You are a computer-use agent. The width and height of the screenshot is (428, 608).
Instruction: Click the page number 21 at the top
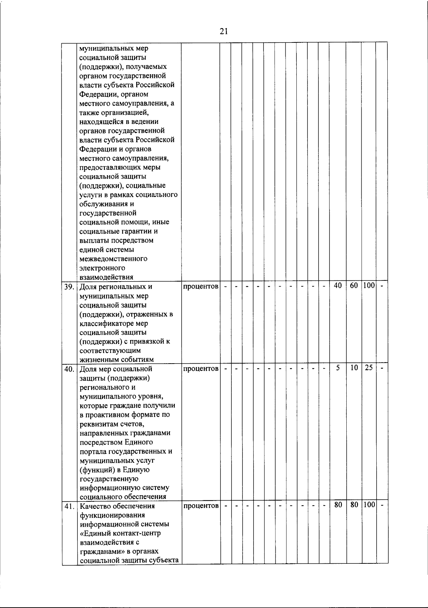(x=224, y=31)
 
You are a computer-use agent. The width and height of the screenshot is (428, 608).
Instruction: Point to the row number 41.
(x=69, y=506)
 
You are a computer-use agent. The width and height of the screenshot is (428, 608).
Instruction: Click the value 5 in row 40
(x=337, y=368)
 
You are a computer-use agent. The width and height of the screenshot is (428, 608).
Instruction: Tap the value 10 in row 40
(x=353, y=368)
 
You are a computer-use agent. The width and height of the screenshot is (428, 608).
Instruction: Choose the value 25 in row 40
(x=368, y=368)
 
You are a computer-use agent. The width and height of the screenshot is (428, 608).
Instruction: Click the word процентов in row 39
(x=200, y=287)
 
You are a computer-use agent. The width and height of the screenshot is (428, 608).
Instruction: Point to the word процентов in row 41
(x=200, y=506)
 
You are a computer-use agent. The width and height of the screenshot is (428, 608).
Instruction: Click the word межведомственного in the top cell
(x=113, y=258)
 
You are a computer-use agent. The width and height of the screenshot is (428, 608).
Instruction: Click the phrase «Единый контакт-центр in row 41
(x=120, y=533)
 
